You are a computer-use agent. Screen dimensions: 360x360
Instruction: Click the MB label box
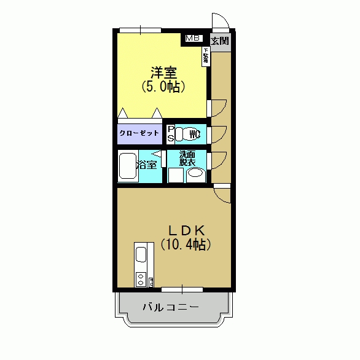coord(194,38)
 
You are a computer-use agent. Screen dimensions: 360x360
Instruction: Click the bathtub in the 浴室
coord(128,167)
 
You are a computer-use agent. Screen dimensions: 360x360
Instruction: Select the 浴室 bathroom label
coord(148,165)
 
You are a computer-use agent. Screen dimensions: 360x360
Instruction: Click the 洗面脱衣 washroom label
coord(187,158)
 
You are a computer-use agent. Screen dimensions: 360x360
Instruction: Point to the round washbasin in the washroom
coord(196,174)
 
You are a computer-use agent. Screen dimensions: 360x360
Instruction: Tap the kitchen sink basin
coord(141,254)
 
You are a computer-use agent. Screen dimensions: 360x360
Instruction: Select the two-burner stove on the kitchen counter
coord(141,280)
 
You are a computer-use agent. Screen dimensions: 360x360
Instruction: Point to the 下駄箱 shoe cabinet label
coord(205,57)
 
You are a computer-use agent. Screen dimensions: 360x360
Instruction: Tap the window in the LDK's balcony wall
coord(182,289)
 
